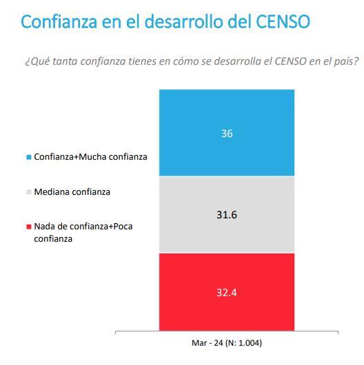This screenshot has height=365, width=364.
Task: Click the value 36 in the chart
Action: [227, 134]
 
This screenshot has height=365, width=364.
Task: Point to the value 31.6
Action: [227, 215]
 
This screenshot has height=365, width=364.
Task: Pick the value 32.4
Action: [227, 292]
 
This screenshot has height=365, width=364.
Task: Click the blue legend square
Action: [29, 157]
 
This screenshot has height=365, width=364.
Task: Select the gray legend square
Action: [29, 192]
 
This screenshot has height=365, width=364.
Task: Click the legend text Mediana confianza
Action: [72, 192]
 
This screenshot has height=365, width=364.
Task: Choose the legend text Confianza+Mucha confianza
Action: [90, 157]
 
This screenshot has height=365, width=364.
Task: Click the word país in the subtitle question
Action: [346, 62]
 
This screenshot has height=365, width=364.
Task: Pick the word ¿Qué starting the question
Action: [36, 62]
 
